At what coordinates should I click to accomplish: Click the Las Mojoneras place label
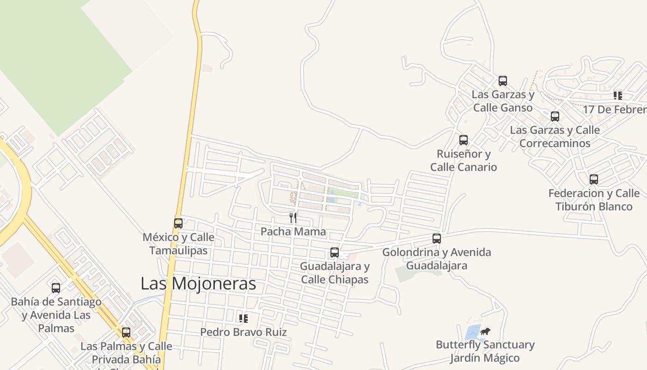coord(198,284)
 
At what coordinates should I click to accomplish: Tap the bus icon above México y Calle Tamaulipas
coord(178,223)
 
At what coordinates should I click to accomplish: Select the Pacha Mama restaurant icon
coord(293,217)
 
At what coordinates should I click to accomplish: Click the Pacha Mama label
coord(293,231)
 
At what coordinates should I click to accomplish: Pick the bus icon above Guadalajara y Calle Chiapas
coord(335,253)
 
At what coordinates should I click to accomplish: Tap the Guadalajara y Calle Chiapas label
coord(335,273)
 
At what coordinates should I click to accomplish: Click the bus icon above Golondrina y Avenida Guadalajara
coord(437,239)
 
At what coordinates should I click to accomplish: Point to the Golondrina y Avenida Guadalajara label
coord(437,259)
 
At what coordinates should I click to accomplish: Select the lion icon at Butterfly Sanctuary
coord(485,331)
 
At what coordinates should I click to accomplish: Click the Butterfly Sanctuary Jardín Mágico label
coord(485,351)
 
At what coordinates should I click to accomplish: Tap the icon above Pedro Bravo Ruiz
coord(243,318)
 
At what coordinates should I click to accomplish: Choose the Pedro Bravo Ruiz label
coord(243,332)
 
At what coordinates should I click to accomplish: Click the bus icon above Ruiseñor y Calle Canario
coord(464,140)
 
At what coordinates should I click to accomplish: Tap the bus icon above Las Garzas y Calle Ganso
coord(503,81)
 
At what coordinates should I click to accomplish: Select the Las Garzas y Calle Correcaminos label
coord(555,136)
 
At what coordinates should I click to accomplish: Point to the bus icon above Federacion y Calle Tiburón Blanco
coord(594,179)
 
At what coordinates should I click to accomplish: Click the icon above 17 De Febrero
coord(617,96)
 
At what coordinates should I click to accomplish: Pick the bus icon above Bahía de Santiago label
coord(56,288)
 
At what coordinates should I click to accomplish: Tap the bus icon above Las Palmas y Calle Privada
coord(126,333)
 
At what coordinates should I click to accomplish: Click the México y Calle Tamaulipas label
coord(178,244)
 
